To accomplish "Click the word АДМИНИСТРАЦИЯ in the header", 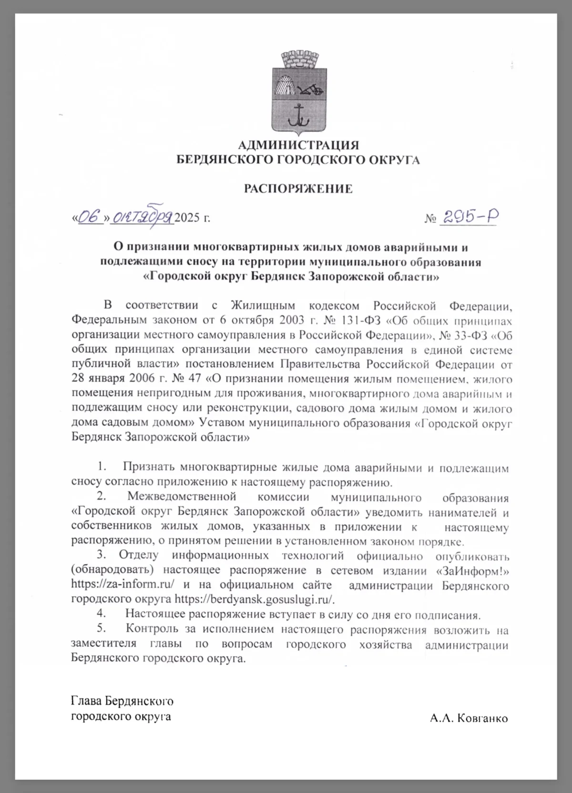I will tap(298, 145).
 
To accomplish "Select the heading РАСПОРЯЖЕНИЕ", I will tap(298, 189).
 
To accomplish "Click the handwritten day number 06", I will tap(91, 217).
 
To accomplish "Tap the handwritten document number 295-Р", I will tap(470, 217).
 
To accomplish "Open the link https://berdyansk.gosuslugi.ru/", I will tap(255, 600).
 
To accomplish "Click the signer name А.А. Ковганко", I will tap(469, 718).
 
